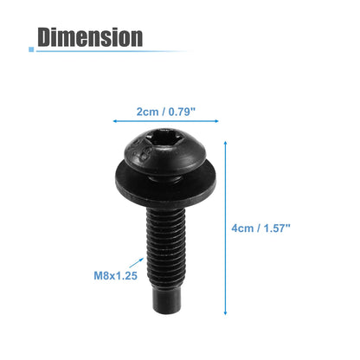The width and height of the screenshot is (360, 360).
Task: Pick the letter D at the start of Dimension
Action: click(48, 37)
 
